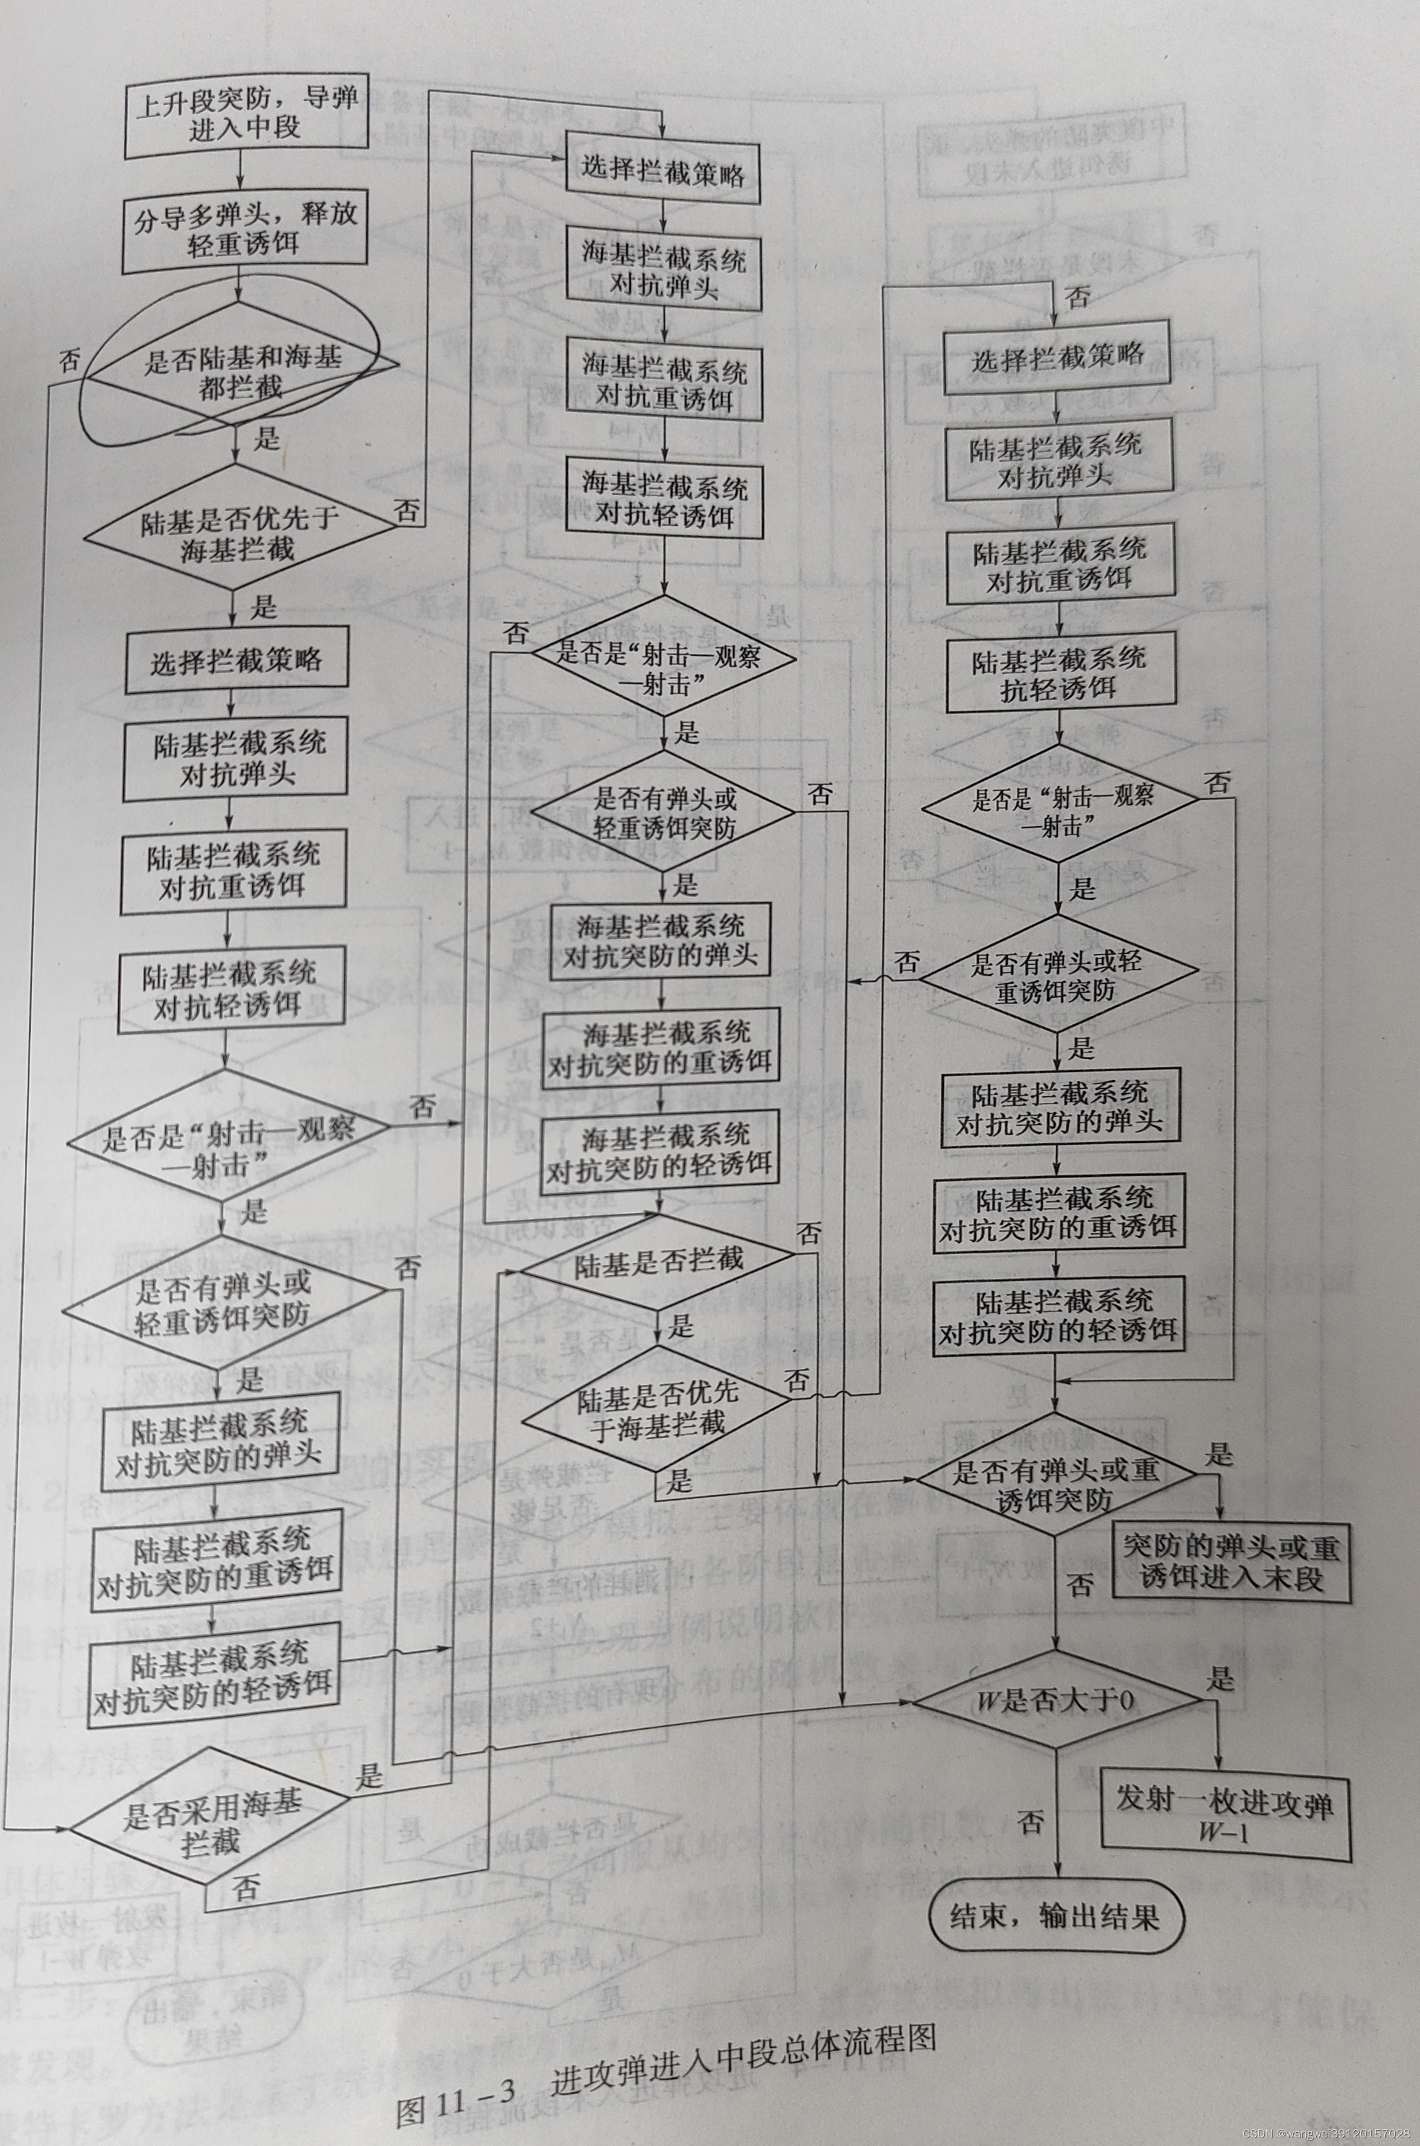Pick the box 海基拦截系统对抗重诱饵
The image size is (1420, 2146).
point(664,382)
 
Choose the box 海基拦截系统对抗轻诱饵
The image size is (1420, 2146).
point(664,500)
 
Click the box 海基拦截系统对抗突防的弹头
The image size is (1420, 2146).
point(660,941)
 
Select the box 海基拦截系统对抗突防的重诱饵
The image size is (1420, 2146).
point(660,1048)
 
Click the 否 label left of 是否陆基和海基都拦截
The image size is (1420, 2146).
point(69,360)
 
